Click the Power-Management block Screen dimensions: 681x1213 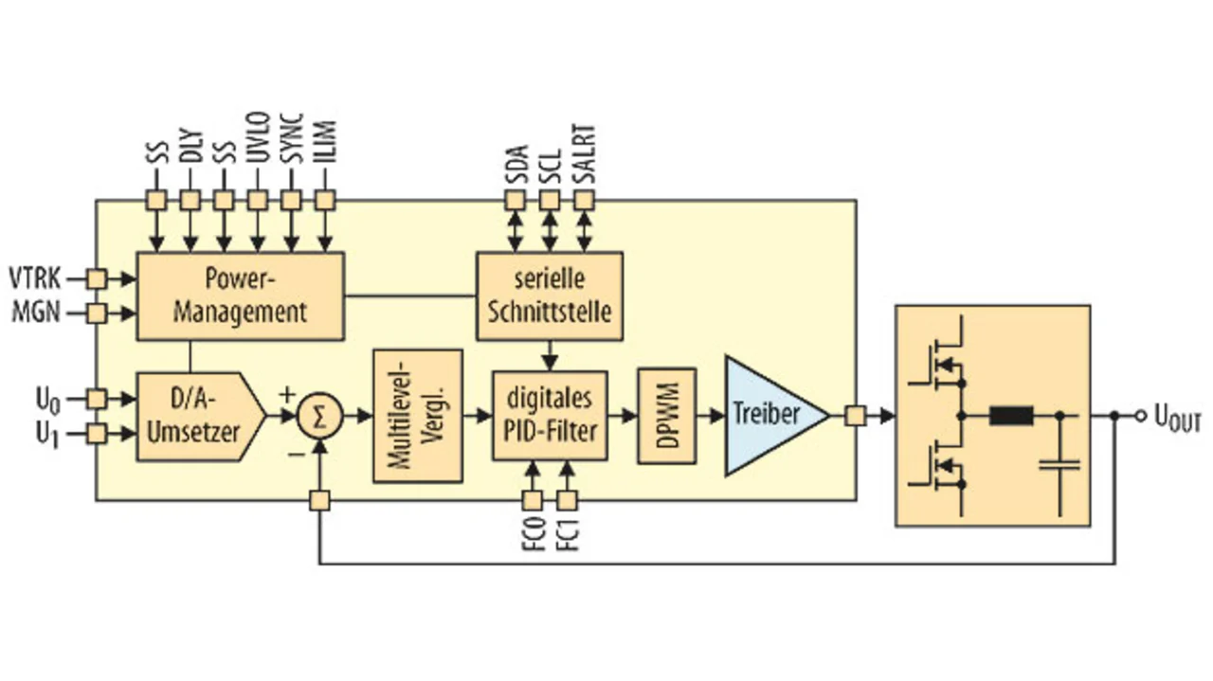coord(241,296)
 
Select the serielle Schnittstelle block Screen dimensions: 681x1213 coord(550,296)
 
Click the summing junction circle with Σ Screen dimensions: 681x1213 coord(319,417)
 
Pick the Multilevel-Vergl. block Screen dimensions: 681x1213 coord(418,416)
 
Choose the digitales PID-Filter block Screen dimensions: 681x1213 coord(550,416)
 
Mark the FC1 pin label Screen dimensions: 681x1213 coord(568,535)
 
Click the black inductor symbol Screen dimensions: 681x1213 coord(1011,415)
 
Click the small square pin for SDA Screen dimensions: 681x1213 coord(515,201)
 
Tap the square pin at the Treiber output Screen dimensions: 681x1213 coord(855,416)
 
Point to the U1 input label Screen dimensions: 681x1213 coord(48,435)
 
